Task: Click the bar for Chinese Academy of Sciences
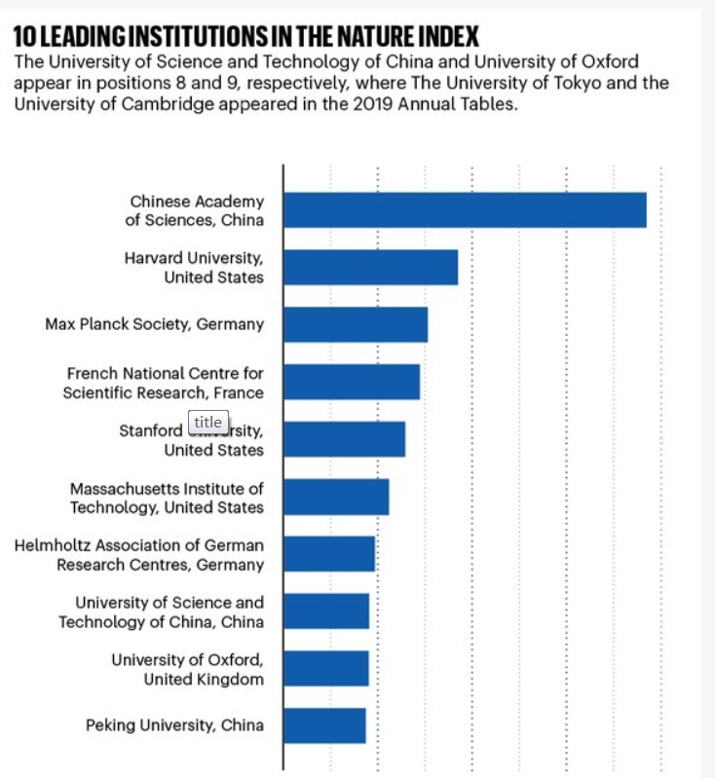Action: tap(465, 209)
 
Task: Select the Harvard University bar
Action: tap(370, 267)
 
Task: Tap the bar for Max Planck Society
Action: tap(356, 324)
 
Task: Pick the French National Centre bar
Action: tap(352, 382)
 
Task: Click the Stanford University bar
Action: tap(344, 439)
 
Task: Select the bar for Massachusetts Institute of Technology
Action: tap(336, 497)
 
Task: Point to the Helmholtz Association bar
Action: tap(329, 554)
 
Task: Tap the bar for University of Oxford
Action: tap(326, 669)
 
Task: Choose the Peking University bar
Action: tap(324, 725)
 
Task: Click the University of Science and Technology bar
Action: tap(326, 611)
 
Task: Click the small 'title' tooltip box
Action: tap(207, 422)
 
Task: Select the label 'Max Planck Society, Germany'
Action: tap(154, 324)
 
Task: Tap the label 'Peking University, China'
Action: tap(174, 725)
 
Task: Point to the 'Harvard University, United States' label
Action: tap(194, 267)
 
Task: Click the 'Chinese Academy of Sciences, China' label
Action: tap(195, 209)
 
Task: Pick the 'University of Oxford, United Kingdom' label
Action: tap(187, 669)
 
